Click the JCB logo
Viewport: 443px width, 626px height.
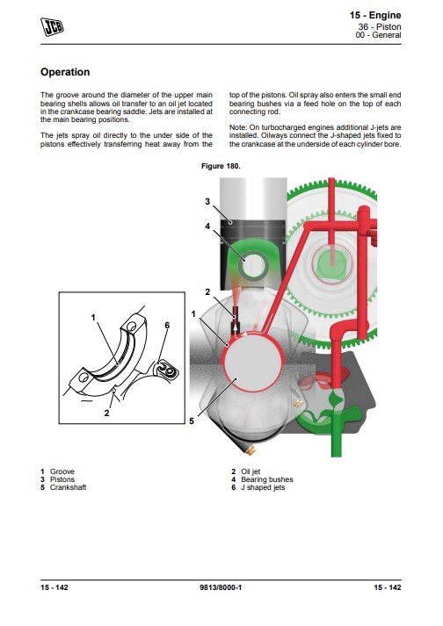tap(52, 26)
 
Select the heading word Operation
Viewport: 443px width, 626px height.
tap(65, 72)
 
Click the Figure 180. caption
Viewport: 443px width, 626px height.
tap(221, 166)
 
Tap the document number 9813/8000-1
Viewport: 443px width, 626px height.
tap(221, 587)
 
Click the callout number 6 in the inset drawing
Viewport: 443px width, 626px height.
tap(167, 326)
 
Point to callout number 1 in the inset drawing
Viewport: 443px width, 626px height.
tap(93, 318)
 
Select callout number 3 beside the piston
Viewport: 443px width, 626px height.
tap(207, 202)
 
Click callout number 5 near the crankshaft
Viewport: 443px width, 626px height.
tap(192, 421)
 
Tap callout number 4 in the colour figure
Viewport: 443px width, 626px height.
tap(207, 227)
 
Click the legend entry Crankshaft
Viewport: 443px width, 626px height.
tap(68, 487)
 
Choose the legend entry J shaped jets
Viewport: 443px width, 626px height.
tap(263, 487)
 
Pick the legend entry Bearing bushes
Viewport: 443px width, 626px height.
tap(266, 479)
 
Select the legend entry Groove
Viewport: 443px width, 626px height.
tap(62, 471)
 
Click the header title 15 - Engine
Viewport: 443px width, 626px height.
tap(375, 15)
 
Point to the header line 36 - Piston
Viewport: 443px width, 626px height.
tap(380, 26)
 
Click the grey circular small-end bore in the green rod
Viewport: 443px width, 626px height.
tap(254, 264)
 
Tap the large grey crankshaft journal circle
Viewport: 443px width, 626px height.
tap(252, 363)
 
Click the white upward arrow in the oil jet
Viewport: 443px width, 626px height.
tap(236, 327)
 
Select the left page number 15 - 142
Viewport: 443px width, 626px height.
tap(54, 587)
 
